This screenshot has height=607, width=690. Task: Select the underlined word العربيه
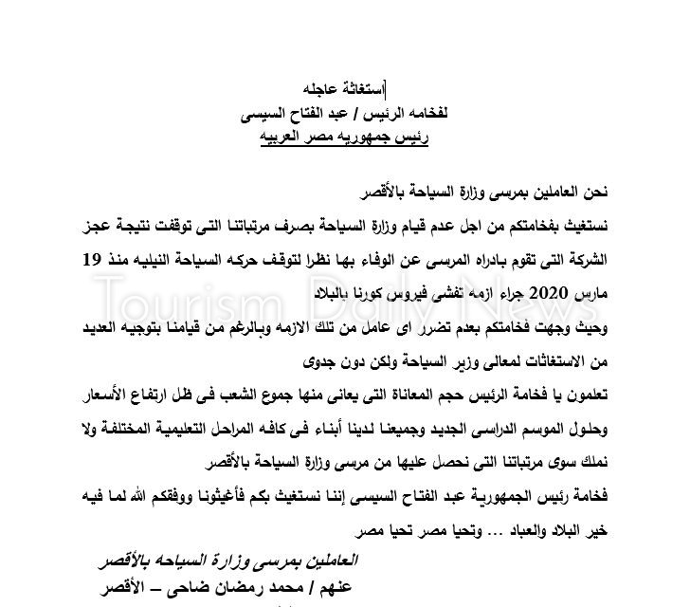coord(288,139)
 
